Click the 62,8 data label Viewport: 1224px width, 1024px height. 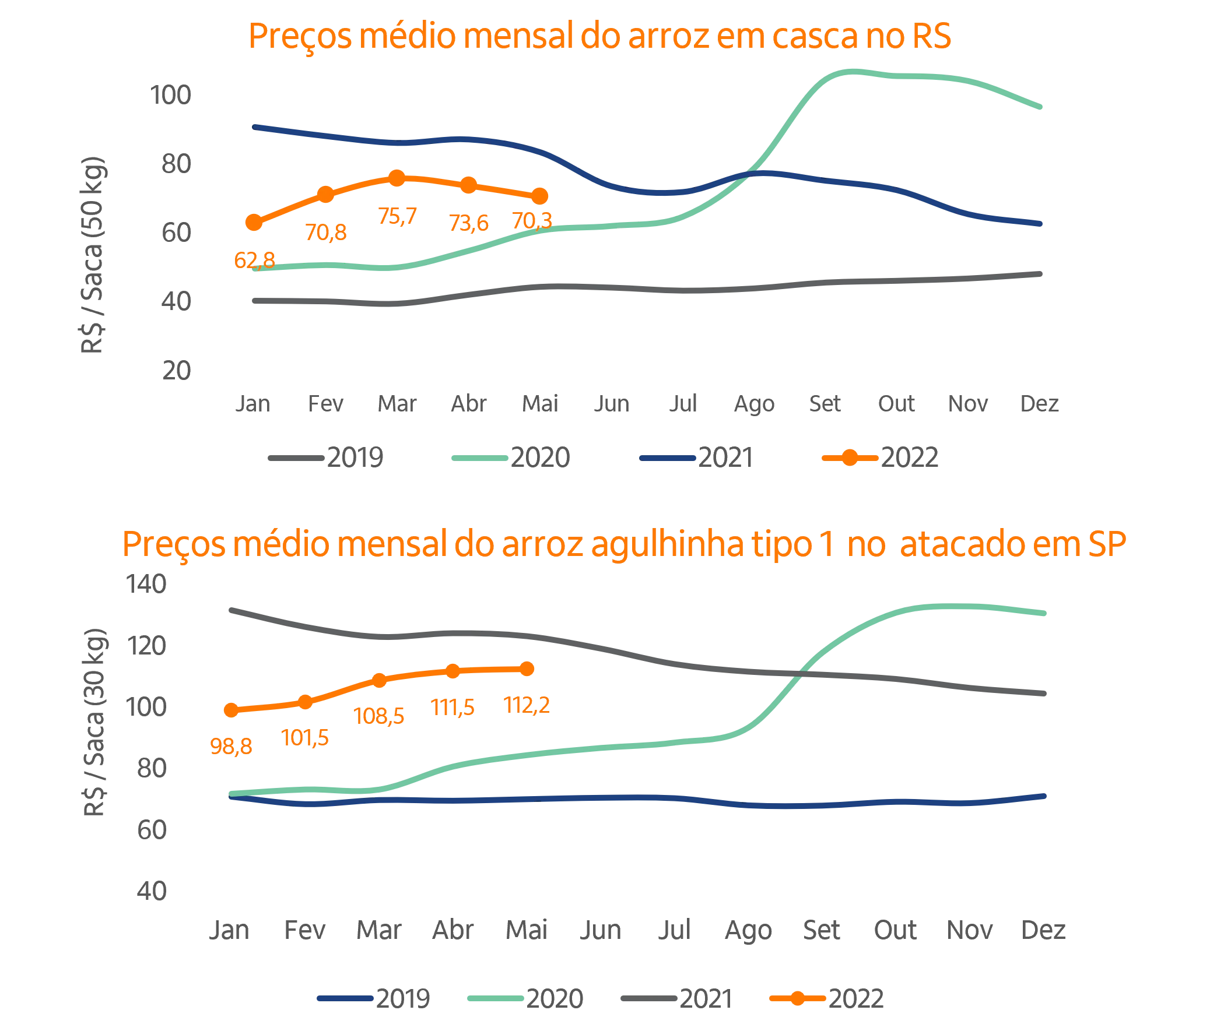(x=254, y=261)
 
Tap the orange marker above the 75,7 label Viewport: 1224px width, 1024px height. (x=397, y=178)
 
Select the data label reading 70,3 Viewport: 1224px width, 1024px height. (x=531, y=221)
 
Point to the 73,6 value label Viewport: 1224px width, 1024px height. (x=469, y=224)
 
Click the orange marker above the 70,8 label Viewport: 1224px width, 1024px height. (x=326, y=195)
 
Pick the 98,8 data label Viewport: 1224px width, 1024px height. (x=231, y=746)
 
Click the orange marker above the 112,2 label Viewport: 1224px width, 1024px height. (x=527, y=669)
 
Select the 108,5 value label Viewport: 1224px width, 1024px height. (x=380, y=716)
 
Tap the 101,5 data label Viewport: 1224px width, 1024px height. (x=306, y=738)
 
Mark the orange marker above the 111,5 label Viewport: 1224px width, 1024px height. (x=452, y=671)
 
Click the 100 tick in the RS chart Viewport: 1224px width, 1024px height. (x=170, y=96)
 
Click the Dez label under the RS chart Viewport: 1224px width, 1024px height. (x=1040, y=404)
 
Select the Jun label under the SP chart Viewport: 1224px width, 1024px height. (x=600, y=931)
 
